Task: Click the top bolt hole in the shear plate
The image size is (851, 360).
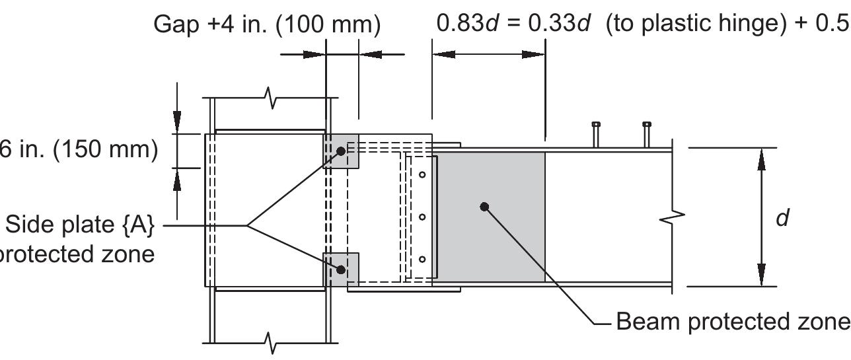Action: [422, 174]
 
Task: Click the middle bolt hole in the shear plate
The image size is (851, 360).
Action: [422, 217]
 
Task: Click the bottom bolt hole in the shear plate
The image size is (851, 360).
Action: [422, 259]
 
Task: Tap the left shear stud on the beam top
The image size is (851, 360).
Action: [595, 134]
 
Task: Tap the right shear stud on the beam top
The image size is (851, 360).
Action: [646, 134]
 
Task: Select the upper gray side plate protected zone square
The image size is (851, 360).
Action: [341, 151]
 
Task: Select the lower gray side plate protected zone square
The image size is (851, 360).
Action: [341, 270]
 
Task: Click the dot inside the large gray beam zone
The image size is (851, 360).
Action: [484, 207]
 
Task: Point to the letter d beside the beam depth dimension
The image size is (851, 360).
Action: [782, 218]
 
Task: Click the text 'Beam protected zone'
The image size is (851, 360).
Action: [732, 322]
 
